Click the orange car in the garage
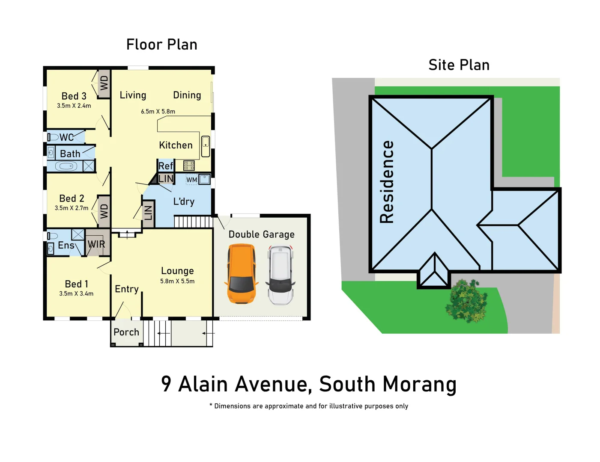[242, 274]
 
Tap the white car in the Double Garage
[280, 275]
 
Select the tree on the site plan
[466, 301]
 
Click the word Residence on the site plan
[387, 182]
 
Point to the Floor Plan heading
[161, 44]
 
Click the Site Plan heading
[459, 65]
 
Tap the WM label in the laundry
[191, 180]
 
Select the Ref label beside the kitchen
[166, 166]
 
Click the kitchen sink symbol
[206, 146]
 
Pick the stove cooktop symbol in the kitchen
[189, 165]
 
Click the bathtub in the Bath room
[66, 166]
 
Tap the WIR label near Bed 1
[96, 244]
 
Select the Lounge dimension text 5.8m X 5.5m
[177, 281]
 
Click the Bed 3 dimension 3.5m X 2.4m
[74, 106]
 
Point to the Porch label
[126, 332]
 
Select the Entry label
[127, 289]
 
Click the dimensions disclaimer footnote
[308, 406]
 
